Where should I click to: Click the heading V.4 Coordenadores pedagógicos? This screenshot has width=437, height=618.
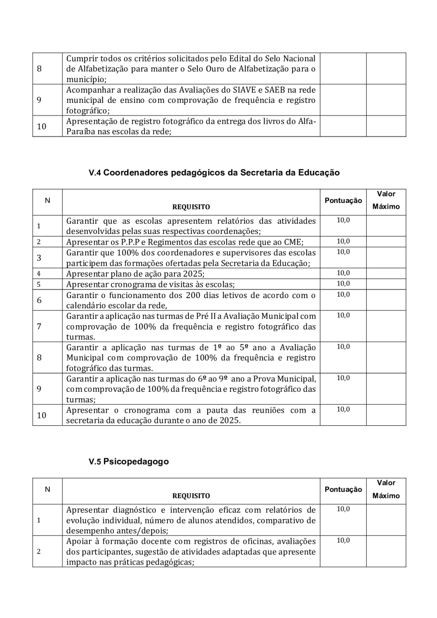(x=214, y=172)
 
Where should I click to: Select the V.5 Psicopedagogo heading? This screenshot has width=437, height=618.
(x=129, y=462)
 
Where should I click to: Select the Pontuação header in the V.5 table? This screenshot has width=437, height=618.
(x=343, y=490)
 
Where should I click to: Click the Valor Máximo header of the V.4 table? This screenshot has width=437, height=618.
(x=386, y=200)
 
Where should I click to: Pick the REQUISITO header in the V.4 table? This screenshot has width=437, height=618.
(x=191, y=207)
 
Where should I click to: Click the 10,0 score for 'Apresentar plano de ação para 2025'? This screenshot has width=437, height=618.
(x=343, y=273)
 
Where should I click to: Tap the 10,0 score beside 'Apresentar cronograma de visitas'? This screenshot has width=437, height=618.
(x=343, y=284)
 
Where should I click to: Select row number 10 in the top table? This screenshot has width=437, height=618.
(x=42, y=126)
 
